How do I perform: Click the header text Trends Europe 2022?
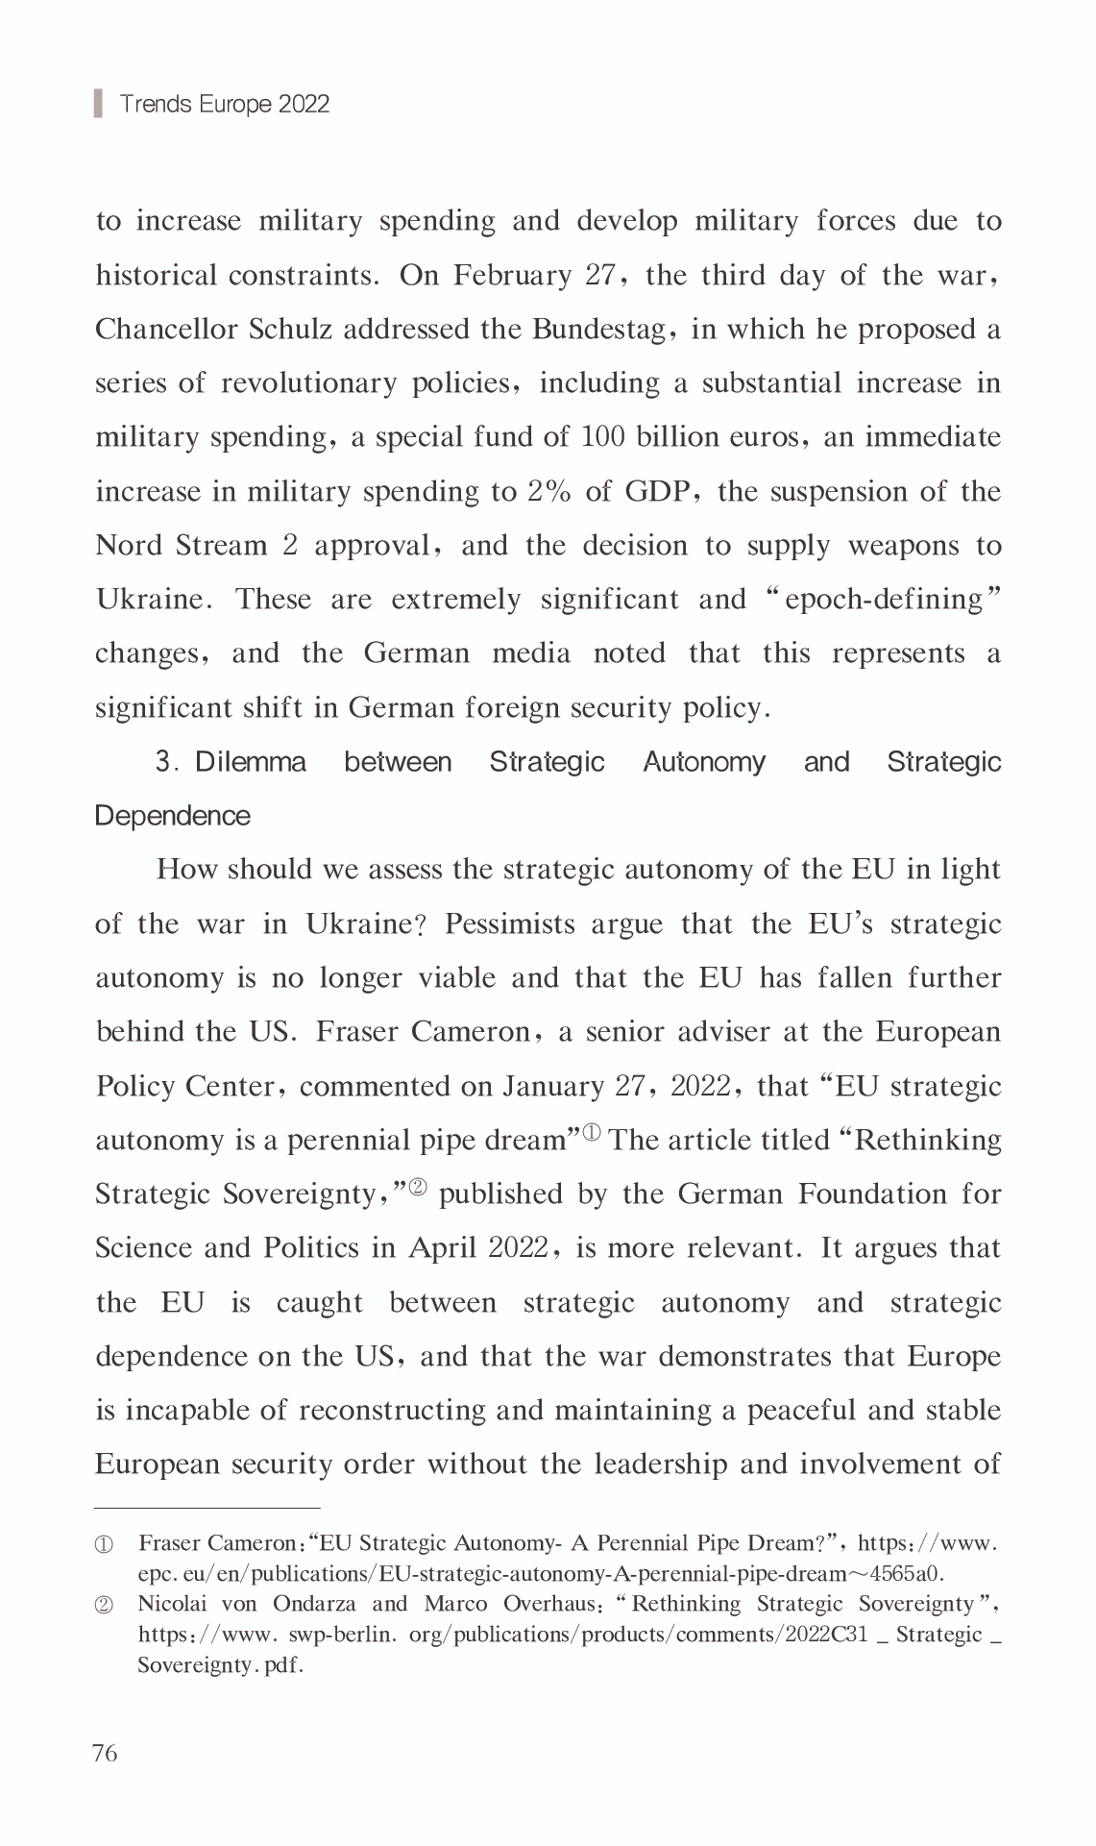pos(224,104)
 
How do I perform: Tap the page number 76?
pos(105,1753)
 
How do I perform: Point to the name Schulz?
pos(290,330)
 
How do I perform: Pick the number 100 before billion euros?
pos(603,437)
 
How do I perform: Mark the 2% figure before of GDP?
pos(549,492)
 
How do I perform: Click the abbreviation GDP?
pos(656,492)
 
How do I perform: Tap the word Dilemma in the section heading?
pos(251,762)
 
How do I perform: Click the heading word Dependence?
pos(173,816)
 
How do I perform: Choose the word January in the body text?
pos(552,1087)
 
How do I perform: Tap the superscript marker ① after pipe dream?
pos(591,1133)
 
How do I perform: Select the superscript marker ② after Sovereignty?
pos(418,1187)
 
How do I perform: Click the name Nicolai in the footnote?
pos(172,1604)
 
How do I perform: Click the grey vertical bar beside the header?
pos(98,103)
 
